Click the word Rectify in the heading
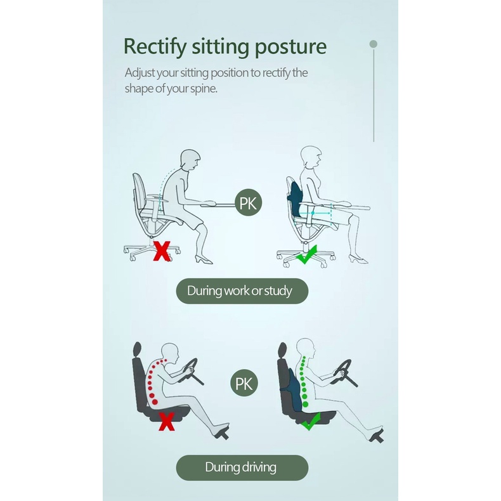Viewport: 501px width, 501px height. click(155, 47)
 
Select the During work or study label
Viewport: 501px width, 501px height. click(242, 290)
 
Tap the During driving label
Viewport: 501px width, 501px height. click(242, 467)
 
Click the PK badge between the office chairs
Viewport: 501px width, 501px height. click(248, 203)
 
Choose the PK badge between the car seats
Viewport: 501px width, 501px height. click(244, 383)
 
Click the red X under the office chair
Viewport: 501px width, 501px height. click(162, 251)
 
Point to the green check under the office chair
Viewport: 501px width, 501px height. click(307, 255)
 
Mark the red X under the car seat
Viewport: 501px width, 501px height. click(166, 422)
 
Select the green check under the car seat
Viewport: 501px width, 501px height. click(311, 422)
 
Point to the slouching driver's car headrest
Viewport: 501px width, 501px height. click(138, 349)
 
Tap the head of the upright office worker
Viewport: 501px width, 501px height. click(311, 157)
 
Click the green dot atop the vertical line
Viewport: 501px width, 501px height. click(373, 44)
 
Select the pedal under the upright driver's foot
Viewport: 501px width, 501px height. click(377, 436)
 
